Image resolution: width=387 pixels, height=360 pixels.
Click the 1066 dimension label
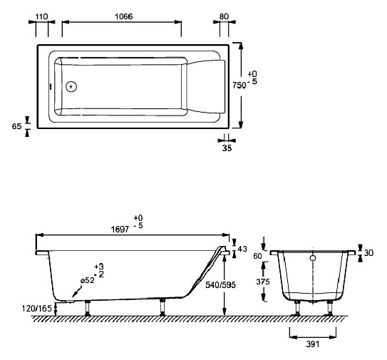[x=123, y=16]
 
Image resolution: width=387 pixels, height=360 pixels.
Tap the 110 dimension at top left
[x=41, y=16]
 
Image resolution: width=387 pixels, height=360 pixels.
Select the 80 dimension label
[x=224, y=16]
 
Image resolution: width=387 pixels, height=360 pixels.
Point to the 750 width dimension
[x=239, y=85]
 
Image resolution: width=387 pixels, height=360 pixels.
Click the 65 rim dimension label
[x=17, y=126]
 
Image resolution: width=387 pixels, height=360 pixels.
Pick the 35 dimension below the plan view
[x=227, y=148]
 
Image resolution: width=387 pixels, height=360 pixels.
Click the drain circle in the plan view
[x=71, y=87]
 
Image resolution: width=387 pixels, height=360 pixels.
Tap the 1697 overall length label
[x=120, y=230]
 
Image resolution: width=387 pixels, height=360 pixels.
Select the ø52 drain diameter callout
[x=88, y=280]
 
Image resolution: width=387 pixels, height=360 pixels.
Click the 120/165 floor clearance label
[x=37, y=309]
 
